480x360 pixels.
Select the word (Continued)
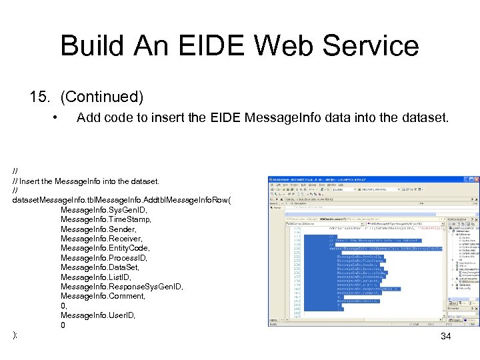(x=102, y=97)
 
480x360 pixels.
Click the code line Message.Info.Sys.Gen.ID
(x=105, y=209)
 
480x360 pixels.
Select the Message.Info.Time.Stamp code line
(x=106, y=219)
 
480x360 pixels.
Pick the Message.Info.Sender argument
(x=98, y=229)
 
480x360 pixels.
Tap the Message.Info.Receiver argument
(x=101, y=238)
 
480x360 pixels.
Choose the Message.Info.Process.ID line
(x=103, y=257)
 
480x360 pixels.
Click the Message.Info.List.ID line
(x=96, y=277)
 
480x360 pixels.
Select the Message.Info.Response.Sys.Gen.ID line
(x=121, y=287)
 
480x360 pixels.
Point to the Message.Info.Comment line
(x=103, y=296)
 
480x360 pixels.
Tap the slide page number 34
(x=446, y=337)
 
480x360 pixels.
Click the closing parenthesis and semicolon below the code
(x=15, y=335)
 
